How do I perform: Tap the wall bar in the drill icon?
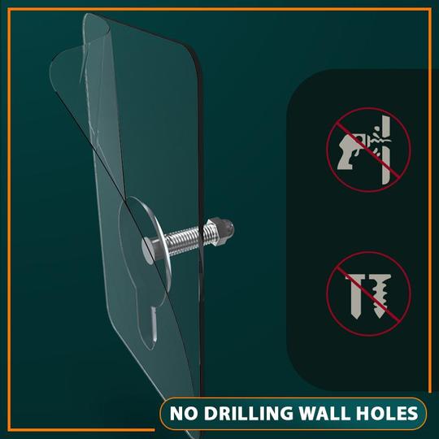[x=386, y=150]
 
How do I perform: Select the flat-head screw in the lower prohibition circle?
[x=354, y=296]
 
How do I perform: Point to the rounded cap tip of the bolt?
[x=228, y=228]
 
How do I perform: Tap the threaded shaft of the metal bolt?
[x=185, y=240]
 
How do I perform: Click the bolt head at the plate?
[x=150, y=250]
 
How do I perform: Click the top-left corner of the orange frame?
[x=9, y=9]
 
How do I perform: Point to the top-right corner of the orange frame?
[x=430, y=9]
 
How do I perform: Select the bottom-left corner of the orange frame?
[x=9, y=430]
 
